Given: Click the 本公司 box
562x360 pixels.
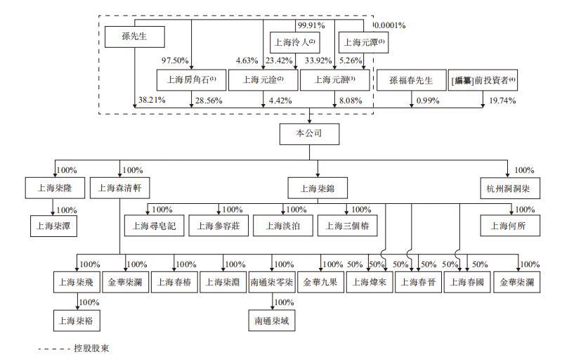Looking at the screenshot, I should [x=309, y=132].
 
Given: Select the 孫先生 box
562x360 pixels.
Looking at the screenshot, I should [x=133, y=35].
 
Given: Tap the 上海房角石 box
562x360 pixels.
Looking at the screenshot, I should [x=190, y=79].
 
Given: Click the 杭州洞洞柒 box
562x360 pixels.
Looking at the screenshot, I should [x=509, y=188].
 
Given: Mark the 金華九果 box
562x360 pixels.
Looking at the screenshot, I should [x=320, y=283].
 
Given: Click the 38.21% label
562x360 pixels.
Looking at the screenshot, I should [x=151, y=101].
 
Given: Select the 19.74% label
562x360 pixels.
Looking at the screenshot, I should [x=502, y=101].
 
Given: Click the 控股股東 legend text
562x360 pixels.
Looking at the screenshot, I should [x=92, y=348].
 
